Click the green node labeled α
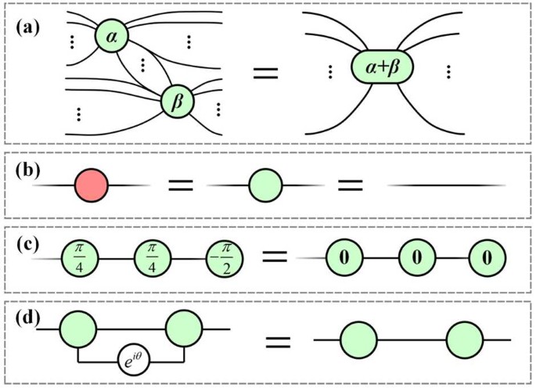[x=112, y=35]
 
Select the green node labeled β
[x=177, y=102]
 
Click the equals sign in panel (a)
[x=265, y=74]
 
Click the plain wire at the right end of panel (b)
[x=446, y=185]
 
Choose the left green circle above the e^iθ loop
[x=77, y=329]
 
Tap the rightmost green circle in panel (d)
[x=464, y=341]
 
